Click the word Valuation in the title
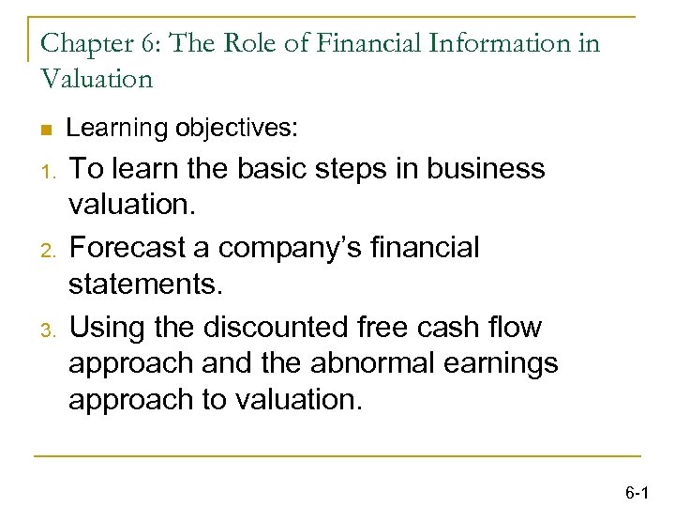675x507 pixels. pos(96,79)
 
